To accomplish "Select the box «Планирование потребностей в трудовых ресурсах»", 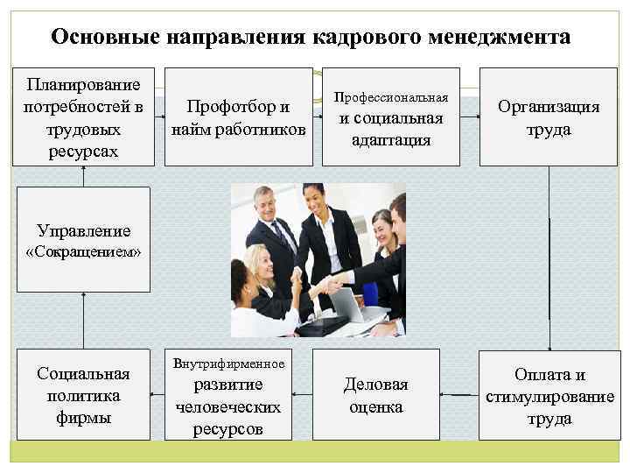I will click(x=84, y=117).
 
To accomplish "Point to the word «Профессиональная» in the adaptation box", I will click(x=391, y=96).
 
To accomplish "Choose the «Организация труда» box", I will click(x=549, y=117).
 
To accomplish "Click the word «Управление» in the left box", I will click(x=84, y=231).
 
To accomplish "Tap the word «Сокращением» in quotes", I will click(x=84, y=252).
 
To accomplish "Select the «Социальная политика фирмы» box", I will click(x=84, y=395).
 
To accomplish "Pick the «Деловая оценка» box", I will click(x=375, y=395).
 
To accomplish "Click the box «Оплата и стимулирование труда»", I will click(x=549, y=395).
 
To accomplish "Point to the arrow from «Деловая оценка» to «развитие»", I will click(x=302, y=396).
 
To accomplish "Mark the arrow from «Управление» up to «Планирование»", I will click(x=84, y=176).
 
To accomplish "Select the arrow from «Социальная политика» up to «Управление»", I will click(x=84, y=321).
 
